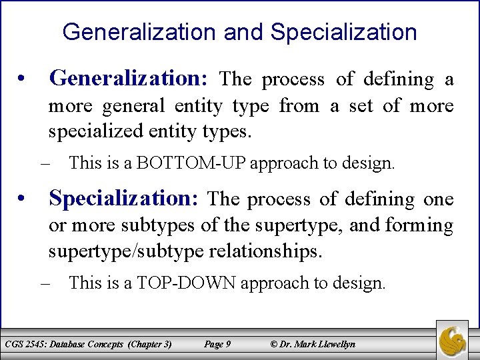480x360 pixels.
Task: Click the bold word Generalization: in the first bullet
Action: [129, 79]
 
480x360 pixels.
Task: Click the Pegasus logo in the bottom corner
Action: [453, 340]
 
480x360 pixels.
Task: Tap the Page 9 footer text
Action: [217, 344]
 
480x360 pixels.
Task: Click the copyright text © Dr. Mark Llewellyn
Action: [313, 344]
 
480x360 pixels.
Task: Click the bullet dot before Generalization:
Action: [23, 80]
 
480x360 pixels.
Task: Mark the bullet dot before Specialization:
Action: [23, 199]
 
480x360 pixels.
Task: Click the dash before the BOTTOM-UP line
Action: [45, 163]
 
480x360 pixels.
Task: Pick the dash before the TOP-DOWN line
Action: [45, 283]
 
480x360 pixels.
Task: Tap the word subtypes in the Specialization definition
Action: [159, 225]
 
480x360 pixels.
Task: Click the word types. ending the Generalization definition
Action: [229, 132]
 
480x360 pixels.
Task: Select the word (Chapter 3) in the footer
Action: [150, 344]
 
